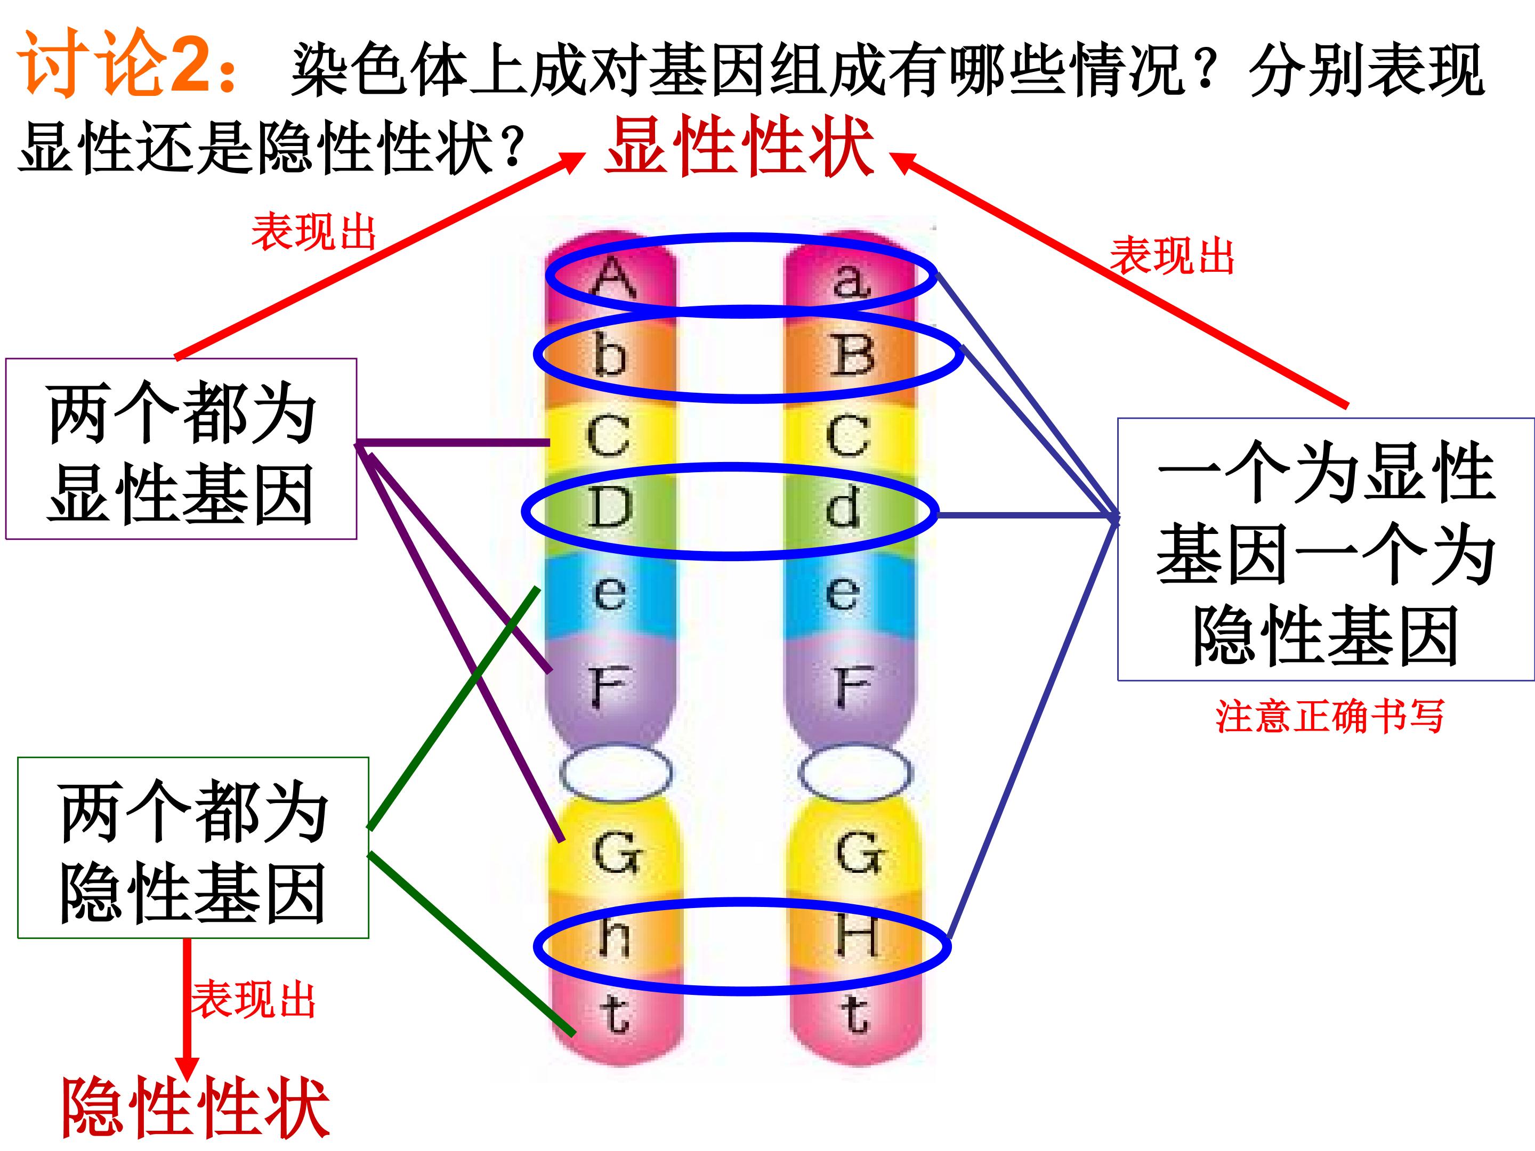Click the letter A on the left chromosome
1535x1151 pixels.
613,278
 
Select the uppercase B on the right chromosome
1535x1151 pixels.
853,355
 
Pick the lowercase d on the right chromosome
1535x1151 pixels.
844,506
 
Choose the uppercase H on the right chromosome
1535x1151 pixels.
859,936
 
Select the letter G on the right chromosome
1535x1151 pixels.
860,853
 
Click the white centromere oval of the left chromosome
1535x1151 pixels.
616,772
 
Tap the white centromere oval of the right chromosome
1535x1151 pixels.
854,772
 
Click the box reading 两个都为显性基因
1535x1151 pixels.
181,449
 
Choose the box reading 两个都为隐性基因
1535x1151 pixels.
193,848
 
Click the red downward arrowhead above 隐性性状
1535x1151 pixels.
187,1069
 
